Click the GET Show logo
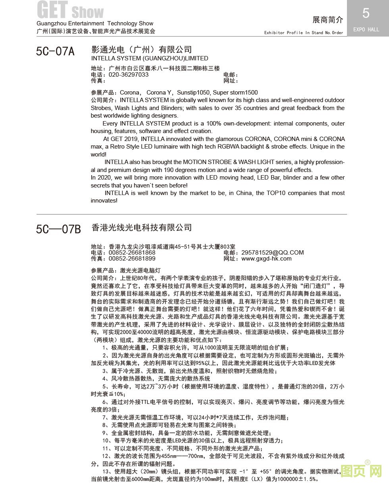pos(70,10)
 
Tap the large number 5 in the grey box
pos(366,14)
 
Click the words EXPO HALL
pos(366,29)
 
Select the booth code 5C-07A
pos(55,51)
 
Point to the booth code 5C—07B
pos(58,229)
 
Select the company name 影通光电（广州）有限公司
pos(141,50)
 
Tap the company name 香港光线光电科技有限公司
pos(141,228)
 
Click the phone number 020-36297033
pos(129,75)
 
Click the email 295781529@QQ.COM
pos(272,253)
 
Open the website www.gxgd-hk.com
pos(266,259)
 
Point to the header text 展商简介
pos(327,20)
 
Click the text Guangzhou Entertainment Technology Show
pos(95,24)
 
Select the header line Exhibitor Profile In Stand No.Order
pos(304,33)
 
